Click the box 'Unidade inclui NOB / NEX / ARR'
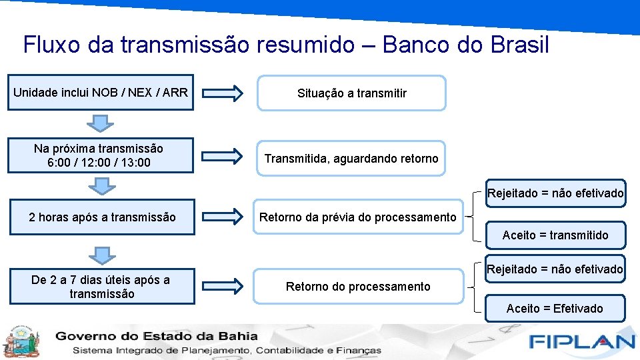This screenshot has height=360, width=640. pos(101,92)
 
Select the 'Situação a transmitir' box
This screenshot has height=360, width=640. pos(351,93)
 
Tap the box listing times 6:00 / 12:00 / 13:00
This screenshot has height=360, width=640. pos(101,155)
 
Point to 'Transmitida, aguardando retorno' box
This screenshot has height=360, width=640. pos(351,158)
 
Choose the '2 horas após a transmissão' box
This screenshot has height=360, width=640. pos(103,217)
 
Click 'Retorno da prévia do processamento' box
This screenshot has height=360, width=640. pos(358,217)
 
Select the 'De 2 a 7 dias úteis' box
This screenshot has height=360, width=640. pos(101,287)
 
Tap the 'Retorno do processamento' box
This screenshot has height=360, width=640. pos(358,286)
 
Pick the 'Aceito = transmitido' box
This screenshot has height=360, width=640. pos(555,235)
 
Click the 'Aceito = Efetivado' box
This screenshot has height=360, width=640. pos(555,308)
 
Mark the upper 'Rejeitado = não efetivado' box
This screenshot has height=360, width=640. pos(555,193)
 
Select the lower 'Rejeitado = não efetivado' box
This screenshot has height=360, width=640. pos(555,269)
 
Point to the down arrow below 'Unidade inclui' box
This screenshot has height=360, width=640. pos(100,123)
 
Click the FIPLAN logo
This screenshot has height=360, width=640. pos(581,341)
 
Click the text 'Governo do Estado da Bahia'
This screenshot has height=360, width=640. pos(157,335)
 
